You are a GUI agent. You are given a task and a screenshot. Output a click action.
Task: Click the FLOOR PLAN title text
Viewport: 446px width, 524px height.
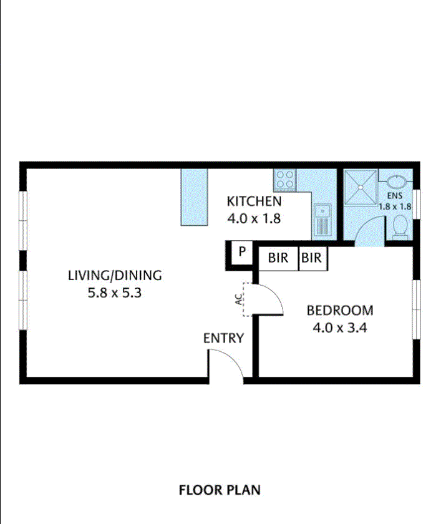click(220, 490)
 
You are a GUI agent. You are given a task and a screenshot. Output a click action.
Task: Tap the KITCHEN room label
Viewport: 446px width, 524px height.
click(254, 201)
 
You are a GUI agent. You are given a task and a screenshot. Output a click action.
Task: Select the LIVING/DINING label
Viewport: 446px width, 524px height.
click(115, 275)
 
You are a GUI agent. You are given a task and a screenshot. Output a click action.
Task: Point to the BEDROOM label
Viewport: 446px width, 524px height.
click(340, 310)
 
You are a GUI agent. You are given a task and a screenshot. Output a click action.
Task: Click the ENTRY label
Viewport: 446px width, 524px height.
click(223, 339)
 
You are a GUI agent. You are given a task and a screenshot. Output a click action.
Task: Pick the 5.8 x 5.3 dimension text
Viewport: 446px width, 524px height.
click(115, 291)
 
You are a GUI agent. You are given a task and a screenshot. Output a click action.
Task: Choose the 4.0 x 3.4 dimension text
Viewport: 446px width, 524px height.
click(339, 326)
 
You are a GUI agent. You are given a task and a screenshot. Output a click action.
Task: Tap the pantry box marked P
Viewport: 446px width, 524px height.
click(241, 253)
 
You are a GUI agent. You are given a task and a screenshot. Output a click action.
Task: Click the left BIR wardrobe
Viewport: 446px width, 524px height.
click(278, 257)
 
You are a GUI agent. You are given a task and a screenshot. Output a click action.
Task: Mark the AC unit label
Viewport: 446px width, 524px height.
click(238, 299)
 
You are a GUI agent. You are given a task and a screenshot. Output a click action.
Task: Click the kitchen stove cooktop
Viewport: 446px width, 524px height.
click(285, 180)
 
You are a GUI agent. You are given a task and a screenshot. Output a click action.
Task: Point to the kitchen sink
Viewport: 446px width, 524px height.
click(322, 220)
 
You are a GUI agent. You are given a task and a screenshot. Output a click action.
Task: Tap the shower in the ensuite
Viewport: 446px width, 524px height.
click(361, 187)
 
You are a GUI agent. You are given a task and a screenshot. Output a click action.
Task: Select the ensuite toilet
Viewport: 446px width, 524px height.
click(399, 227)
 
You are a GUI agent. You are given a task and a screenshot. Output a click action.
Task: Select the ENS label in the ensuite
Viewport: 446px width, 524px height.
click(395, 197)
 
